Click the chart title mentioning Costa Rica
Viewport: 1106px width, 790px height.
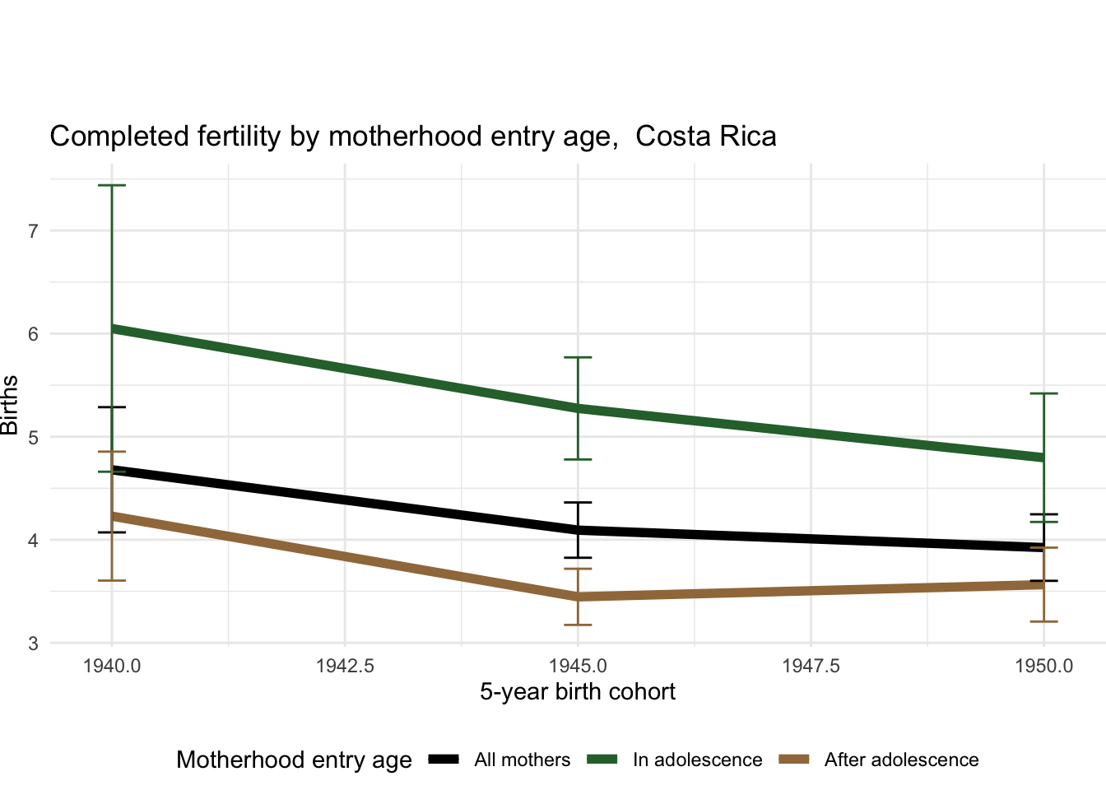pos(412,137)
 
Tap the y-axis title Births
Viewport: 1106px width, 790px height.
pos(10,405)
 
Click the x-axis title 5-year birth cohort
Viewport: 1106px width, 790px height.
pos(578,692)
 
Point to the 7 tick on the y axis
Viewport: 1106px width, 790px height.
pos(34,230)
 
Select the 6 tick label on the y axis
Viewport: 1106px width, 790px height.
pos(34,334)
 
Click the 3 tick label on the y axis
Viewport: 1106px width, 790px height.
pos(34,644)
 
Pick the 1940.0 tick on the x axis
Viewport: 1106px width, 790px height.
pos(112,666)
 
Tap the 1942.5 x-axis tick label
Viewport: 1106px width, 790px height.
pos(345,666)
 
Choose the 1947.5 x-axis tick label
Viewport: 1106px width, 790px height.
pos(811,666)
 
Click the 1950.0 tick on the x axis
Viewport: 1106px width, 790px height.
pos(1043,666)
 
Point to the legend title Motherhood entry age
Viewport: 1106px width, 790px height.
pos(294,760)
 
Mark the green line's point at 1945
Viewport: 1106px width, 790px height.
pos(579,408)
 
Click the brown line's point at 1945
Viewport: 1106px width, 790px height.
pos(579,597)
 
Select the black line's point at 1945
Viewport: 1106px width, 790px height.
pos(579,530)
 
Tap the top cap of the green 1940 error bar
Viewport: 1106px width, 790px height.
pos(112,186)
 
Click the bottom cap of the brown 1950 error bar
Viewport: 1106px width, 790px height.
pos(1043,621)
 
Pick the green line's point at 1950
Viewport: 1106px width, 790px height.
pos(1043,458)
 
